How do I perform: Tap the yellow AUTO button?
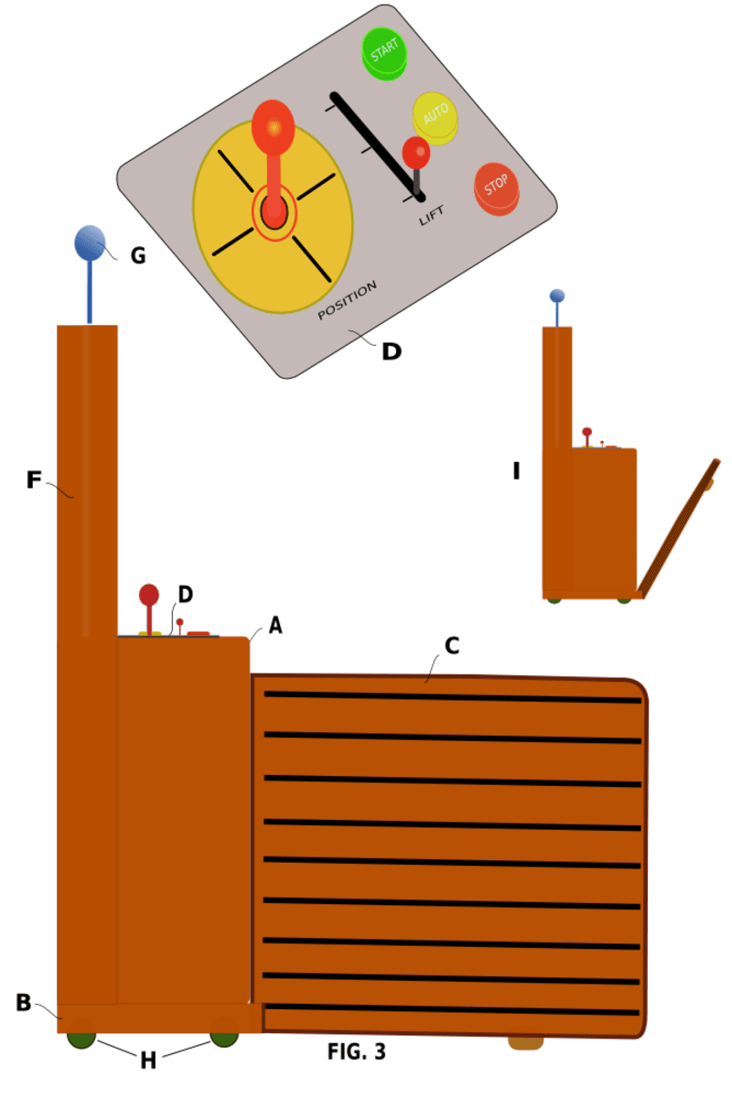click(x=434, y=116)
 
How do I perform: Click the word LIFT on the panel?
click(x=432, y=216)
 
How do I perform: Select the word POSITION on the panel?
click(x=347, y=301)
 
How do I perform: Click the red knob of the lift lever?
click(x=416, y=152)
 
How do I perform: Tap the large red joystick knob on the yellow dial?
click(x=273, y=126)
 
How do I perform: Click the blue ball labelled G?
click(x=89, y=242)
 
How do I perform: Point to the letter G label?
click(x=138, y=256)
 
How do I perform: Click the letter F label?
click(x=34, y=479)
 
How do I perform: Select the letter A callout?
click(x=275, y=626)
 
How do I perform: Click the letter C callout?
click(x=451, y=645)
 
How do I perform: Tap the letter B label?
click(x=24, y=1002)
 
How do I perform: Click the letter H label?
click(x=148, y=1061)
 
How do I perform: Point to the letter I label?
click(x=516, y=471)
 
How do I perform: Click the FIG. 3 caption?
click(x=357, y=1052)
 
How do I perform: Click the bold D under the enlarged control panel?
click(x=391, y=351)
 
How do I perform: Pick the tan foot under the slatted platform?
click(x=525, y=1042)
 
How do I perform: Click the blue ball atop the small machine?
click(x=556, y=296)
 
